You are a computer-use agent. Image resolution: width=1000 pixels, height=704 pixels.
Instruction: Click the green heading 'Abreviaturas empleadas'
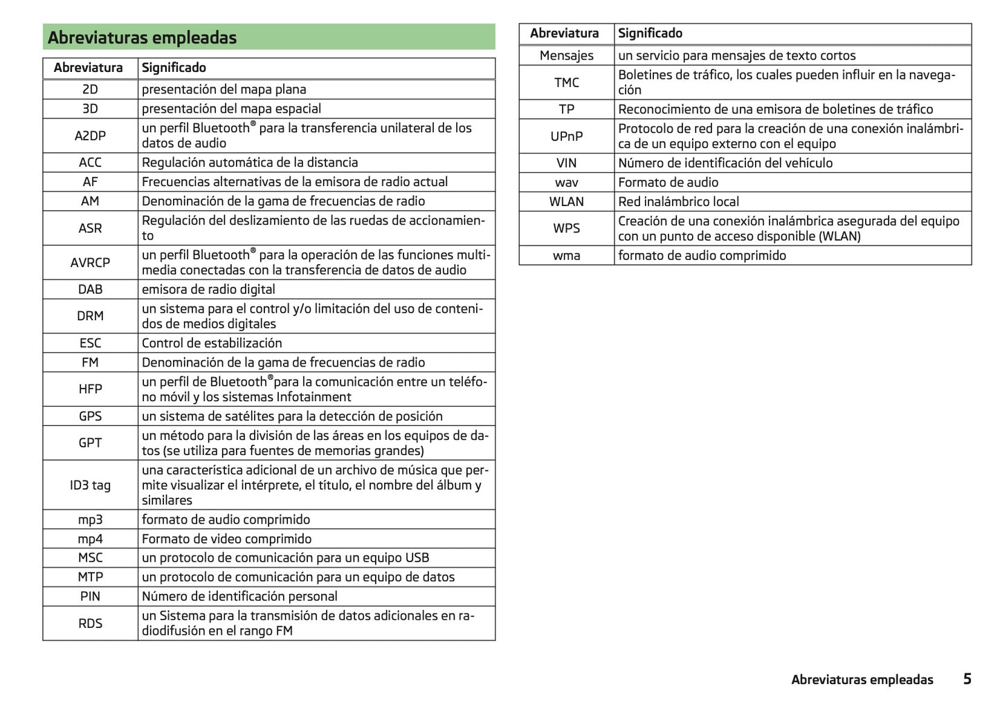tap(143, 38)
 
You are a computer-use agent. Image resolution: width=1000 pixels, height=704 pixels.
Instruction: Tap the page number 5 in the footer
tap(967, 679)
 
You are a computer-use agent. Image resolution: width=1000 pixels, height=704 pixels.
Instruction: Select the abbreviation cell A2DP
tap(90, 136)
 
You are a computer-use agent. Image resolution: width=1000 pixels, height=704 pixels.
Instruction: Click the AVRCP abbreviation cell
tap(90, 263)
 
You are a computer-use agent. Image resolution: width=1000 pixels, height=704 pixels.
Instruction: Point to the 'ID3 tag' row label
tap(90, 485)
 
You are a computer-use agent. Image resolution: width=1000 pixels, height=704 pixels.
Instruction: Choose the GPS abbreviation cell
tap(90, 416)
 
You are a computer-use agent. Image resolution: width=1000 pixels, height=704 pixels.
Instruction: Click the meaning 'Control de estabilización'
tap(212, 343)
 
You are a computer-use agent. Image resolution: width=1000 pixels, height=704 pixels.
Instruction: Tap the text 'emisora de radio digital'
tap(208, 289)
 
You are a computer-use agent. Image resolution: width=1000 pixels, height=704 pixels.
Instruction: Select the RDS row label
tap(90, 623)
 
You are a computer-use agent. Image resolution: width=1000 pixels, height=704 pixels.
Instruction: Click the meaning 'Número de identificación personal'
tap(239, 596)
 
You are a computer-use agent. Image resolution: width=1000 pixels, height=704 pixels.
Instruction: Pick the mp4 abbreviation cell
tap(90, 539)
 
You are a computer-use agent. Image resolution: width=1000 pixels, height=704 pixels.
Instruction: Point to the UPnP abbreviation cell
tap(566, 136)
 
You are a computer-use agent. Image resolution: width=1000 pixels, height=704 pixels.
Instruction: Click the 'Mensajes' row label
tap(566, 55)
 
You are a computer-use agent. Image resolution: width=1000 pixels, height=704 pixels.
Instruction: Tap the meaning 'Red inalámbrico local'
tap(678, 202)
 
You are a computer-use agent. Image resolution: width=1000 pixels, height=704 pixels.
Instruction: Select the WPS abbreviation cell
tap(566, 228)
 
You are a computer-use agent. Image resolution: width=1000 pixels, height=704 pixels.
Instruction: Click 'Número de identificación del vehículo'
tap(725, 163)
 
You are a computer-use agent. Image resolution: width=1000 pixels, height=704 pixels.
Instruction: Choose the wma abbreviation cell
tap(566, 255)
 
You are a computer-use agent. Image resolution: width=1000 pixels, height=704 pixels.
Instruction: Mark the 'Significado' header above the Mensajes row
tap(650, 33)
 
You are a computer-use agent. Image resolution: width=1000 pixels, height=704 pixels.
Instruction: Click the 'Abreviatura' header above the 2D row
tap(88, 68)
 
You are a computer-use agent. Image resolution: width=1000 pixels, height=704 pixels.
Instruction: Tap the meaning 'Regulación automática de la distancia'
tap(250, 163)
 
